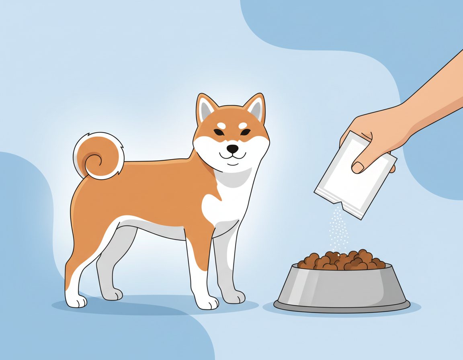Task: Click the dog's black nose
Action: pyautogui.click(x=232, y=149)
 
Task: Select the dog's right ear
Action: pyautogui.click(x=206, y=108)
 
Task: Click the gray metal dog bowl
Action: pyautogui.click(x=342, y=285)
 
